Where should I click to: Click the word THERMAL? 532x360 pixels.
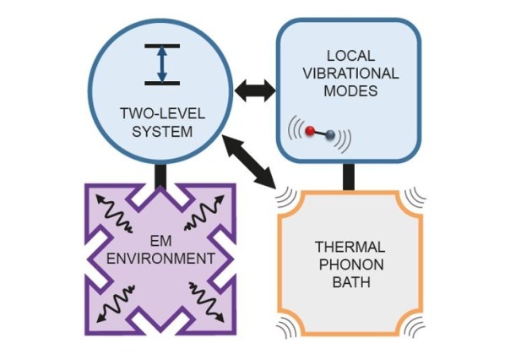(x=350, y=247)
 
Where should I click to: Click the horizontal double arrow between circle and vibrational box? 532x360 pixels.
(x=254, y=87)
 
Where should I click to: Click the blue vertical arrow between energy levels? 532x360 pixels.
(x=162, y=64)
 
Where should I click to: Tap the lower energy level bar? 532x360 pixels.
(x=162, y=83)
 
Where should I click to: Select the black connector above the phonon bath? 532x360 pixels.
(x=347, y=174)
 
